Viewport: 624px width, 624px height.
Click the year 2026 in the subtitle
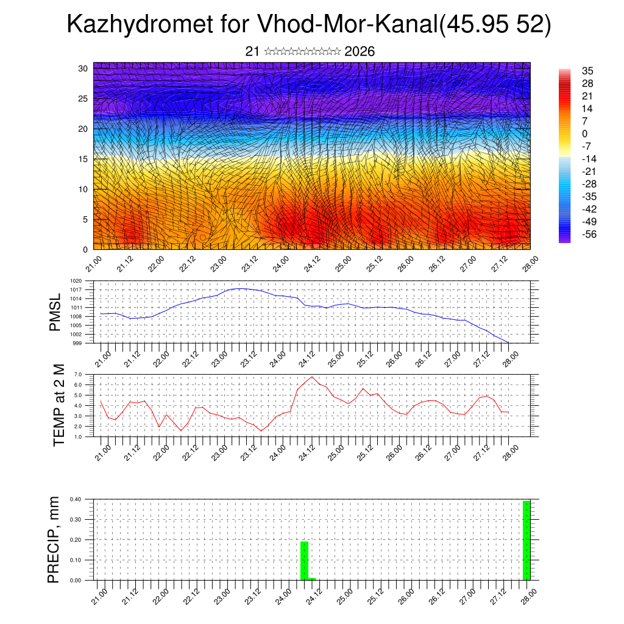pyautogui.click(x=360, y=52)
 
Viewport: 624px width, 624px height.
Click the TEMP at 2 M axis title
pyautogui.click(x=58, y=405)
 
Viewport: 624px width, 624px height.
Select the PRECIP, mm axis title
pyautogui.click(x=54, y=539)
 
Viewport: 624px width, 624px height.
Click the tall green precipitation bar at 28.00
pyautogui.click(x=526, y=540)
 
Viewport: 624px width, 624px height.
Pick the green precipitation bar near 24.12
pyautogui.click(x=304, y=561)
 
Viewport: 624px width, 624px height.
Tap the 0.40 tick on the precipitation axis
pyautogui.click(x=76, y=499)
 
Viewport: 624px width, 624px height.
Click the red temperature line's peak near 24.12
pyautogui.click(x=313, y=377)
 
